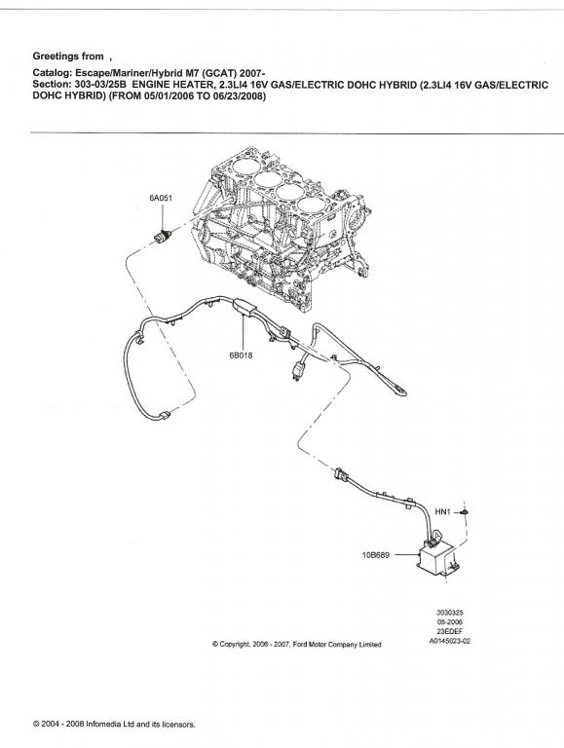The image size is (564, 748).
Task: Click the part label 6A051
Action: click(161, 198)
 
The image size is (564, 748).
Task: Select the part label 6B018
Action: click(241, 355)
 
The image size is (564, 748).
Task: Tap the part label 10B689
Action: click(376, 555)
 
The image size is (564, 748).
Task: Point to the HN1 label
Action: click(443, 512)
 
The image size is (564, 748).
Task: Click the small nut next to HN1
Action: click(465, 512)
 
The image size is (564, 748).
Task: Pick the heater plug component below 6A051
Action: click(164, 236)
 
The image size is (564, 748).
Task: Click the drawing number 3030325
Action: click(450, 613)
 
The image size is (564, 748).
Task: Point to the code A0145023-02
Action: click(450, 641)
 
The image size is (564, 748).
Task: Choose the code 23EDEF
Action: click(450, 631)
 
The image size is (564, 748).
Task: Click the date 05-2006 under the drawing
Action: click(450, 622)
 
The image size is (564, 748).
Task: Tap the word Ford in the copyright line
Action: click(301, 644)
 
